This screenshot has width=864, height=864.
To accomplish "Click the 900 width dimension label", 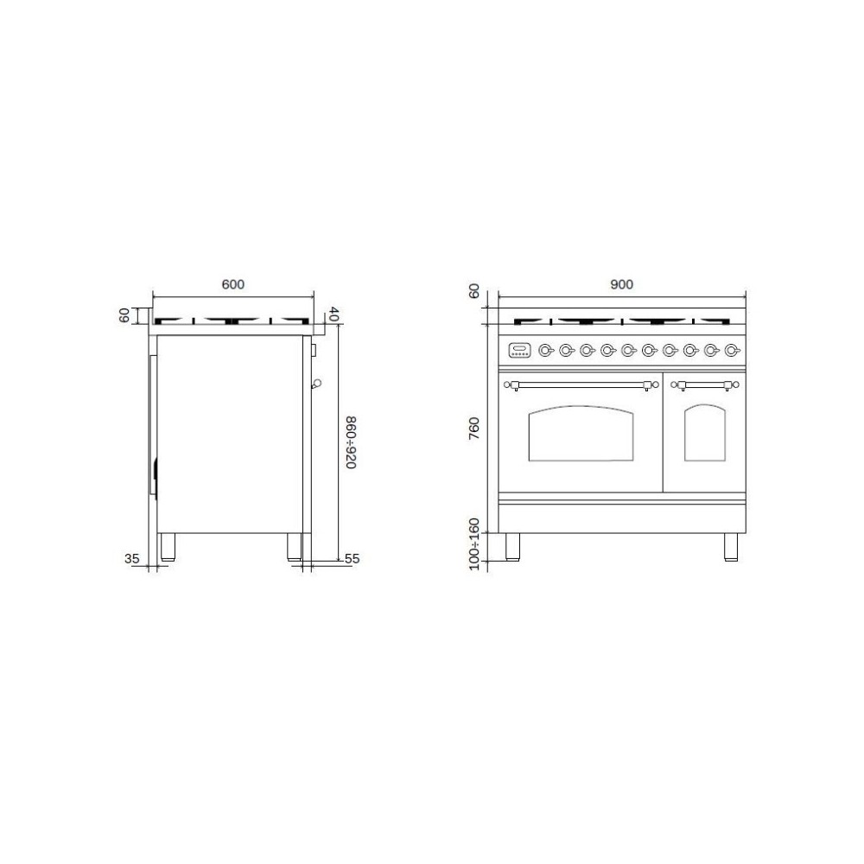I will point(621,284).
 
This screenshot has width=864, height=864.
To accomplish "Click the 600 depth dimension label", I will point(233,284).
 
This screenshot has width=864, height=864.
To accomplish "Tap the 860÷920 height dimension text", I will point(351,442).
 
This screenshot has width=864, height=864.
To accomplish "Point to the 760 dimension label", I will point(473,429).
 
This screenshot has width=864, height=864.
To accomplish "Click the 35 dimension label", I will point(132,559).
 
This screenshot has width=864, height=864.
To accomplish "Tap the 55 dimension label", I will point(351,559).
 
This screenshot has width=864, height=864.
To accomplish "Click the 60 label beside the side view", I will point(124,316).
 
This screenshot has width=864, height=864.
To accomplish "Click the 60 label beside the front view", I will point(473,292).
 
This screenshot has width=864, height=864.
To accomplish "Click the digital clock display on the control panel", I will point(520,350).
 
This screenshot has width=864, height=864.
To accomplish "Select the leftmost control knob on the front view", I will point(545,350).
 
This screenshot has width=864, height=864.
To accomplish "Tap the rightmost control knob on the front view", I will point(732,350).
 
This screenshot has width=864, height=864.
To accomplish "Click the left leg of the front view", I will point(512,547).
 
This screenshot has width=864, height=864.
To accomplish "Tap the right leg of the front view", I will point(731,547).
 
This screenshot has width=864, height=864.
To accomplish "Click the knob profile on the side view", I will point(317,382).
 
